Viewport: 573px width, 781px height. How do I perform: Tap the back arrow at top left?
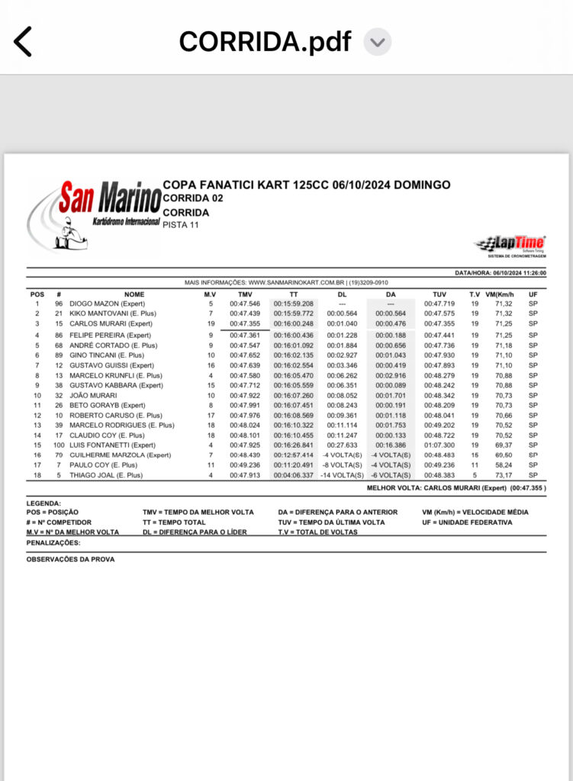(x=23, y=41)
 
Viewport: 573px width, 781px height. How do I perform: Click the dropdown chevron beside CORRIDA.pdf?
(x=377, y=41)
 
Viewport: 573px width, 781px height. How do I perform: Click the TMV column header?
(x=244, y=294)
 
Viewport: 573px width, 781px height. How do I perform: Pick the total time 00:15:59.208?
(x=294, y=304)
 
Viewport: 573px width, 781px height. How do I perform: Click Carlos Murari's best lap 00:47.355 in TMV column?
(x=245, y=323)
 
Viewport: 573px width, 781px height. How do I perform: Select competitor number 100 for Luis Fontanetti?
(x=59, y=445)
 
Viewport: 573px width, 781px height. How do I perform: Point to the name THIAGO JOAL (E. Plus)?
(x=106, y=474)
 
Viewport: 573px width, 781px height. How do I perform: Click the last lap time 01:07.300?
(x=439, y=445)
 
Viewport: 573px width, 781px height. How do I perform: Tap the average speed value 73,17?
(x=504, y=474)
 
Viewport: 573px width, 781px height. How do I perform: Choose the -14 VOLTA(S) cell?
(x=342, y=474)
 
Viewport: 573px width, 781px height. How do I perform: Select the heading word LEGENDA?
(x=43, y=503)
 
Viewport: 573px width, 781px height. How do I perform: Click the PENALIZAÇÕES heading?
(x=53, y=543)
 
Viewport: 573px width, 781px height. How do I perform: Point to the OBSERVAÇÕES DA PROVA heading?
(x=70, y=559)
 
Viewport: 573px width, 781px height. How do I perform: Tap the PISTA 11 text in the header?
(x=181, y=224)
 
